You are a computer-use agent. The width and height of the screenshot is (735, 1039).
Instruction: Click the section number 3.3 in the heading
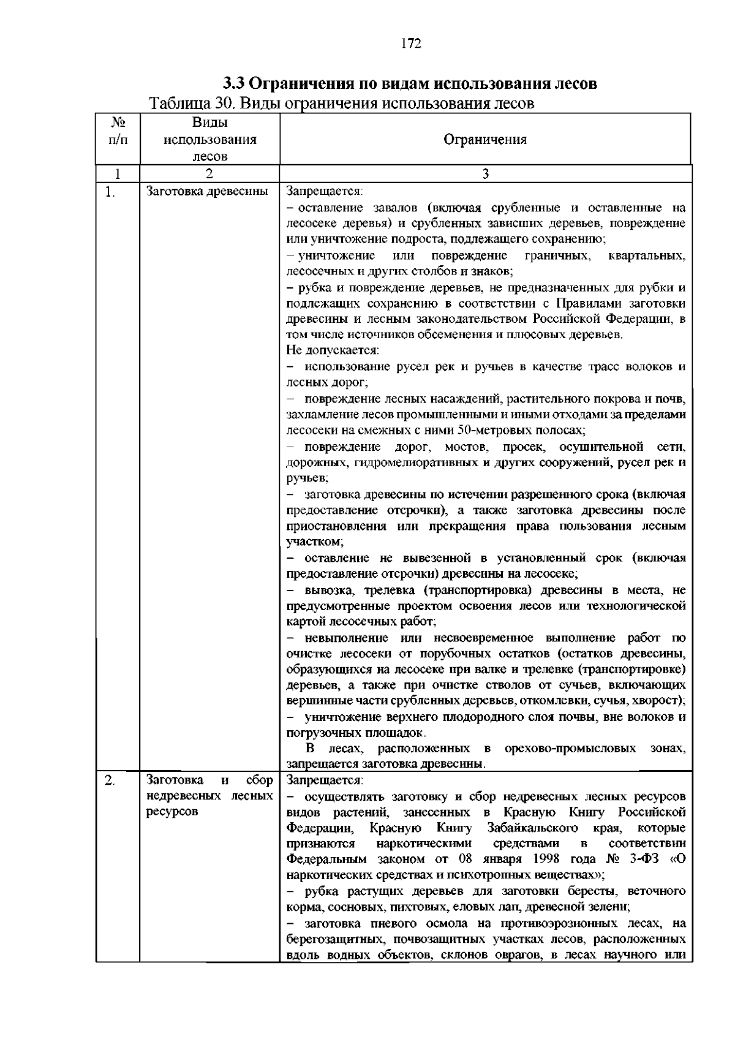(x=234, y=83)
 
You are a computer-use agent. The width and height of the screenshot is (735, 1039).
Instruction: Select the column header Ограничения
(x=484, y=140)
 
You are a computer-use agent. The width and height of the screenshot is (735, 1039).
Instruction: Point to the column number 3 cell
(x=484, y=174)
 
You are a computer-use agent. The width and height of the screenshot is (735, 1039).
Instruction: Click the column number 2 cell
(x=209, y=174)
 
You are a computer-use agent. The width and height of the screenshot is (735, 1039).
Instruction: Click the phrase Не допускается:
(x=333, y=351)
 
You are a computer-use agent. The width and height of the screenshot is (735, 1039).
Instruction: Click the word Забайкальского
(x=532, y=828)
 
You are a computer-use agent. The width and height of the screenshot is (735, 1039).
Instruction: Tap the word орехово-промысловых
(x=570, y=749)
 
